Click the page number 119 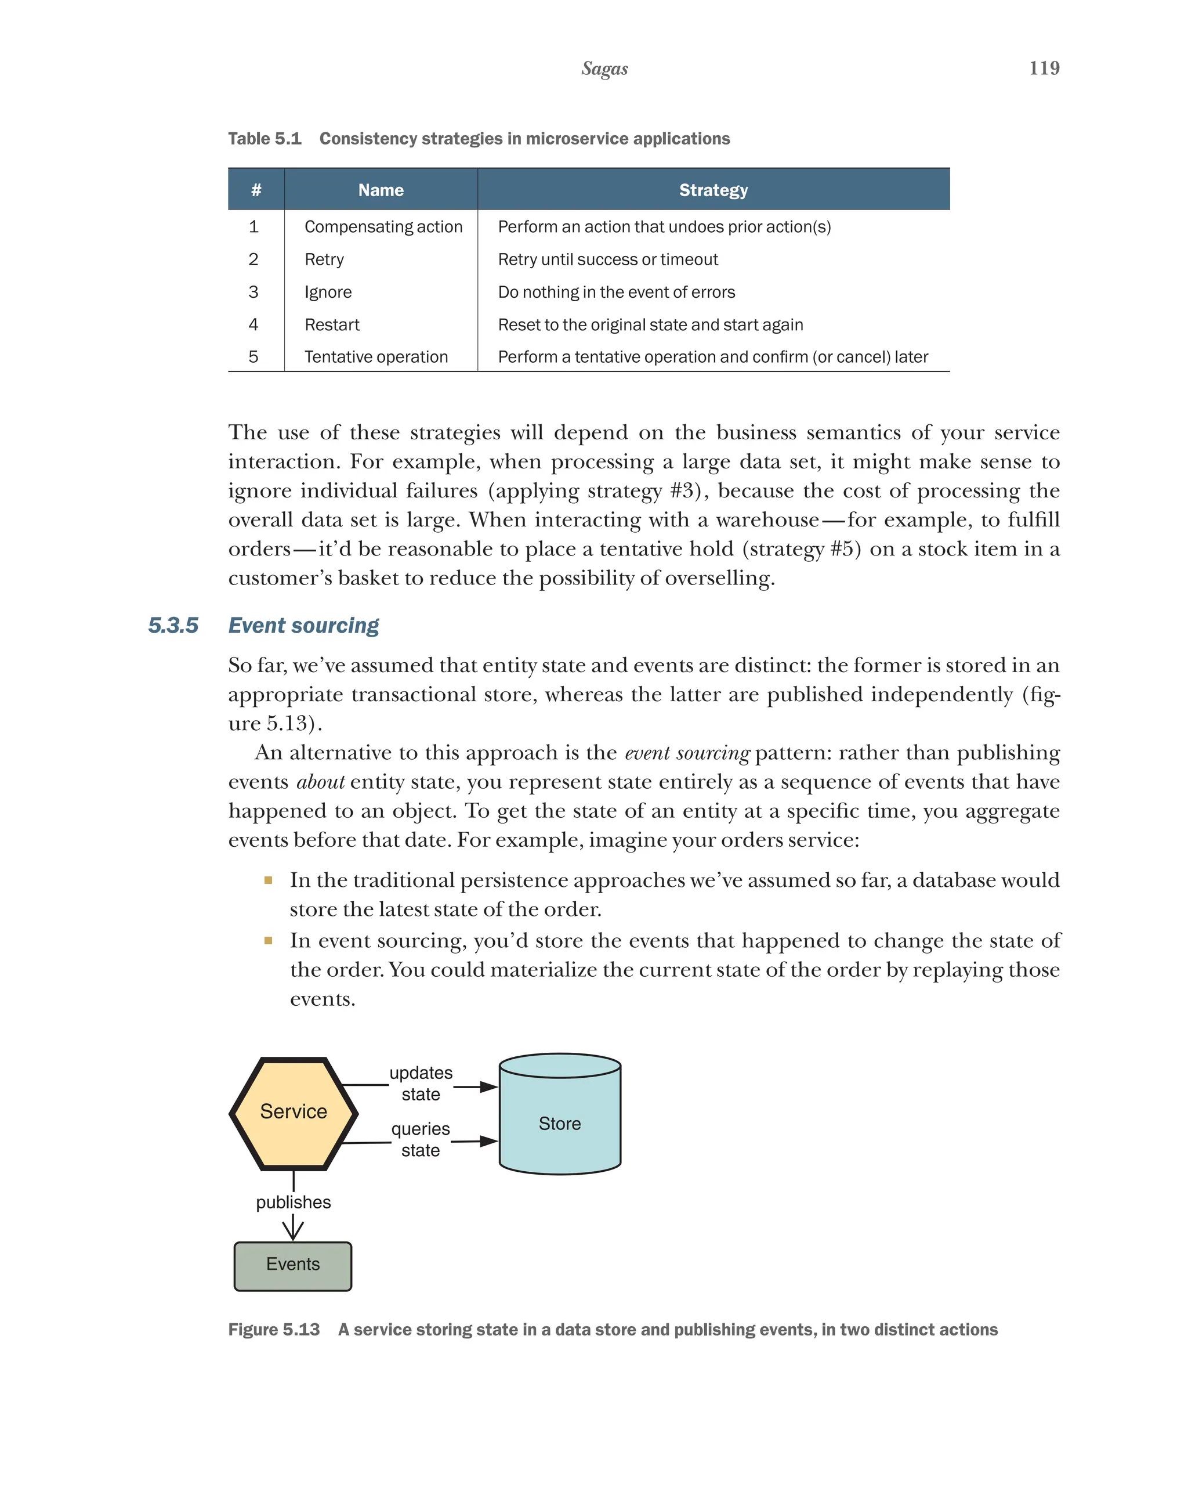click(x=1044, y=68)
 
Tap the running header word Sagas click(x=604, y=68)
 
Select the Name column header click(x=381, y=190)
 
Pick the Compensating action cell click(x=383, y=227)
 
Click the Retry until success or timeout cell click(x=607, y=259)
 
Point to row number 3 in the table click(x=253, y=292)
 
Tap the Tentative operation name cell click(x=376, y=357)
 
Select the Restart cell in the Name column click(x=332, y=324)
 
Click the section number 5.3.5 click(x=173, y=625)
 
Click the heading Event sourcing click(x=303, y=625)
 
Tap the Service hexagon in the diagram click(x=294, y=1111)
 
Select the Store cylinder click(x=559, y=1124)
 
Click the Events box click(x=293, y=1264)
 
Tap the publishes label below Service click(x=293, y=1202)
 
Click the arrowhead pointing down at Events click(x=293, y=1230)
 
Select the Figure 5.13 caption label click(x=274, y=1329)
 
